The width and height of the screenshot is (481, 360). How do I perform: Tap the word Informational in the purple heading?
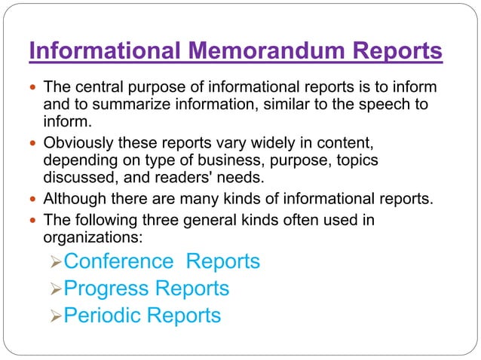coord(104,52)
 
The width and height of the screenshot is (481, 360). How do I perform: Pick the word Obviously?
coord(78,143)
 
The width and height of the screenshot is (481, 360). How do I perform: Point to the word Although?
coord(74,200)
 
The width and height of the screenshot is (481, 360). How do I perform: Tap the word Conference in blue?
coord(118,261)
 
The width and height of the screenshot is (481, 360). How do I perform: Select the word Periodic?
coord(103,315)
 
